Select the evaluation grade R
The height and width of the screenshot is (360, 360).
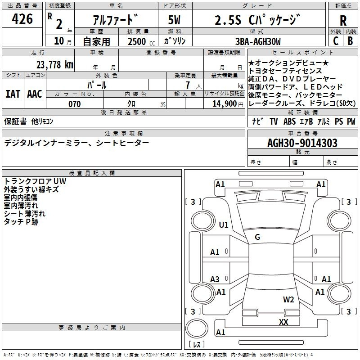coord(343,20)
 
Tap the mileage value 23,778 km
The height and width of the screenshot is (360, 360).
coord(54,64)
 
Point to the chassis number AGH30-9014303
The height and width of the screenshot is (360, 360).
coord(302,143)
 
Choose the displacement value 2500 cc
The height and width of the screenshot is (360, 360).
coord(138,41)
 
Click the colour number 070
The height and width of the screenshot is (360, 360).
coord(75,104)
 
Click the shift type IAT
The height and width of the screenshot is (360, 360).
coord(12,94)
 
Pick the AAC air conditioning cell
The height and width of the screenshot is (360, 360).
coord(34,94)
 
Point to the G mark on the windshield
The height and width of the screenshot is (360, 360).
coord(257,237)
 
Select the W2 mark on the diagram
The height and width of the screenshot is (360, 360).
coord(288,300)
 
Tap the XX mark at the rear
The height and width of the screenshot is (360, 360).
coord(283,322)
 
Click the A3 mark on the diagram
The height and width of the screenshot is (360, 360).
coord(215,279)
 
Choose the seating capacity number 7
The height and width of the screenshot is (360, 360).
coord(186,85)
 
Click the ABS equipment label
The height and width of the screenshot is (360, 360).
coord(289,121)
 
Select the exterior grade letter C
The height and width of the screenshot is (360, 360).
coord(335,41)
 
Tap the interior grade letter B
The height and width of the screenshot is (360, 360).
coord(351,41)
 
